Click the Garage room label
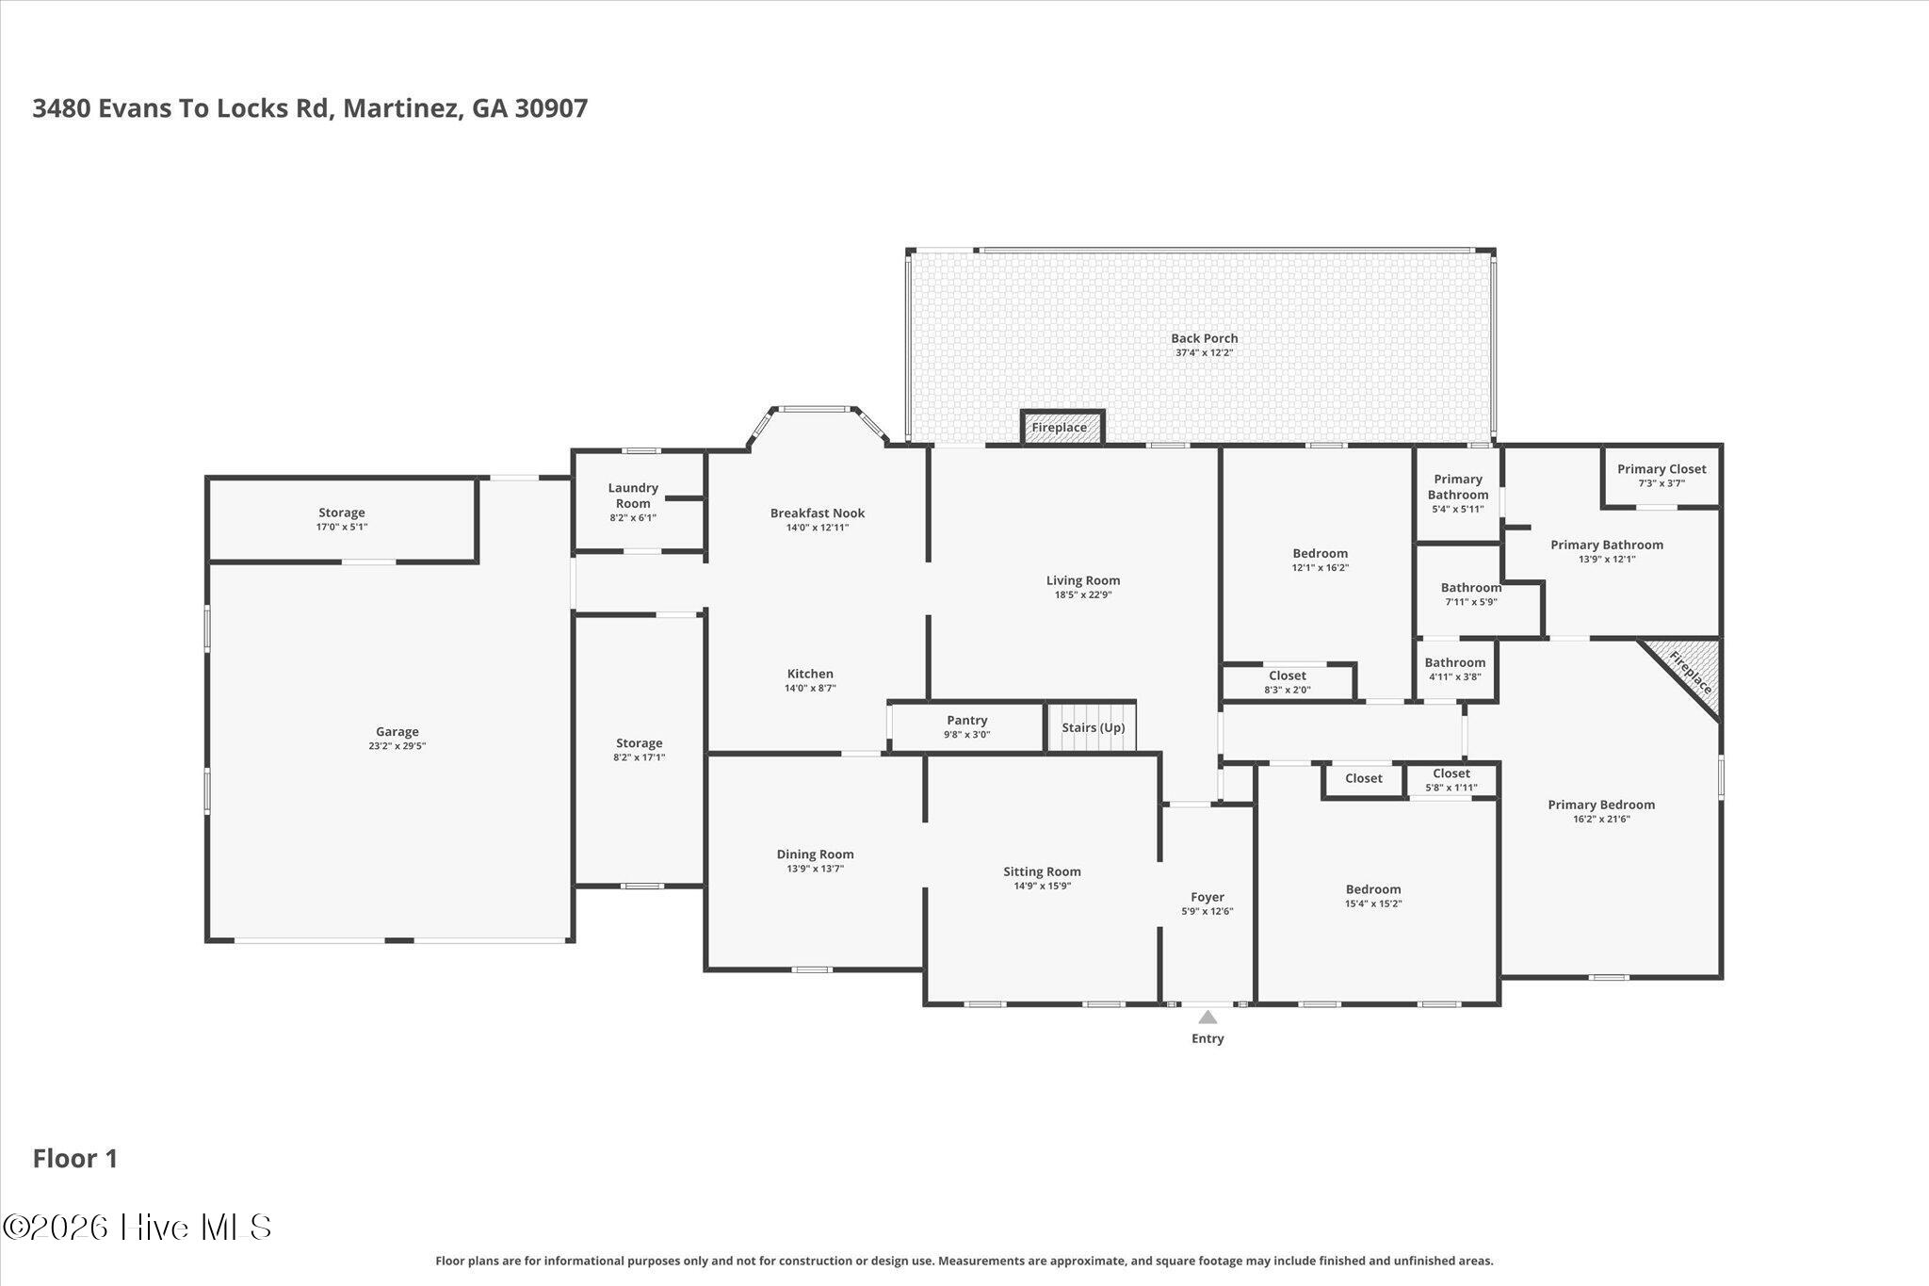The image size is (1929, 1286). pyautogui.click(x=397, y=731)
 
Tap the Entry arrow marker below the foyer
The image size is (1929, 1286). pyautogui.click(x=1208, y=1017)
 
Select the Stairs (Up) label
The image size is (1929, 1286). pyautogui.click(x=1093, y=727)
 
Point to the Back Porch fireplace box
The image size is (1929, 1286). pyautogui.click(x=1062, y=427)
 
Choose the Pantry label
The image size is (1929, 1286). pyautogui.click(x=966, y=721)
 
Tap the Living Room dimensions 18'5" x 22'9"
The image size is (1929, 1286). pyautogui.click(x=1083, y=594)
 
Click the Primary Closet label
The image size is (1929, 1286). pyautogui.click(x=1662, y=469)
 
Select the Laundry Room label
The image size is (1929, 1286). pyautogui.click(x=633, y=496)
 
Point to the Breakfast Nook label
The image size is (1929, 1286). pyautogui.click(x=818, y=513)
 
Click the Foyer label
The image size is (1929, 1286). pyautogui.click(x=1208, y=897)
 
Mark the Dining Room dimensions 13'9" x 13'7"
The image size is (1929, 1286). pyautogui.click(x=816, y=869)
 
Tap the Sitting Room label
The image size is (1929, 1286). pyautogui.click(x=1042, y=871)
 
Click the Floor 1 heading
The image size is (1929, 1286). pyautogui.click(x=75, y=1159)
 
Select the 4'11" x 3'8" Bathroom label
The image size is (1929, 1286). pyautogui.click(x=1455, y=662)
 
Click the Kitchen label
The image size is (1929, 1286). pyautogui.click(x=810, y=674)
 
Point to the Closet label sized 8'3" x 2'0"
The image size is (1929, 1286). pyautogui.click(x=1288, y=676)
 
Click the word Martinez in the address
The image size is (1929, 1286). pyautogui.click(x=402, y=108)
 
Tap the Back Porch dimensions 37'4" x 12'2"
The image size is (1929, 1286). pyautogui.click(x=1204, y=353)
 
